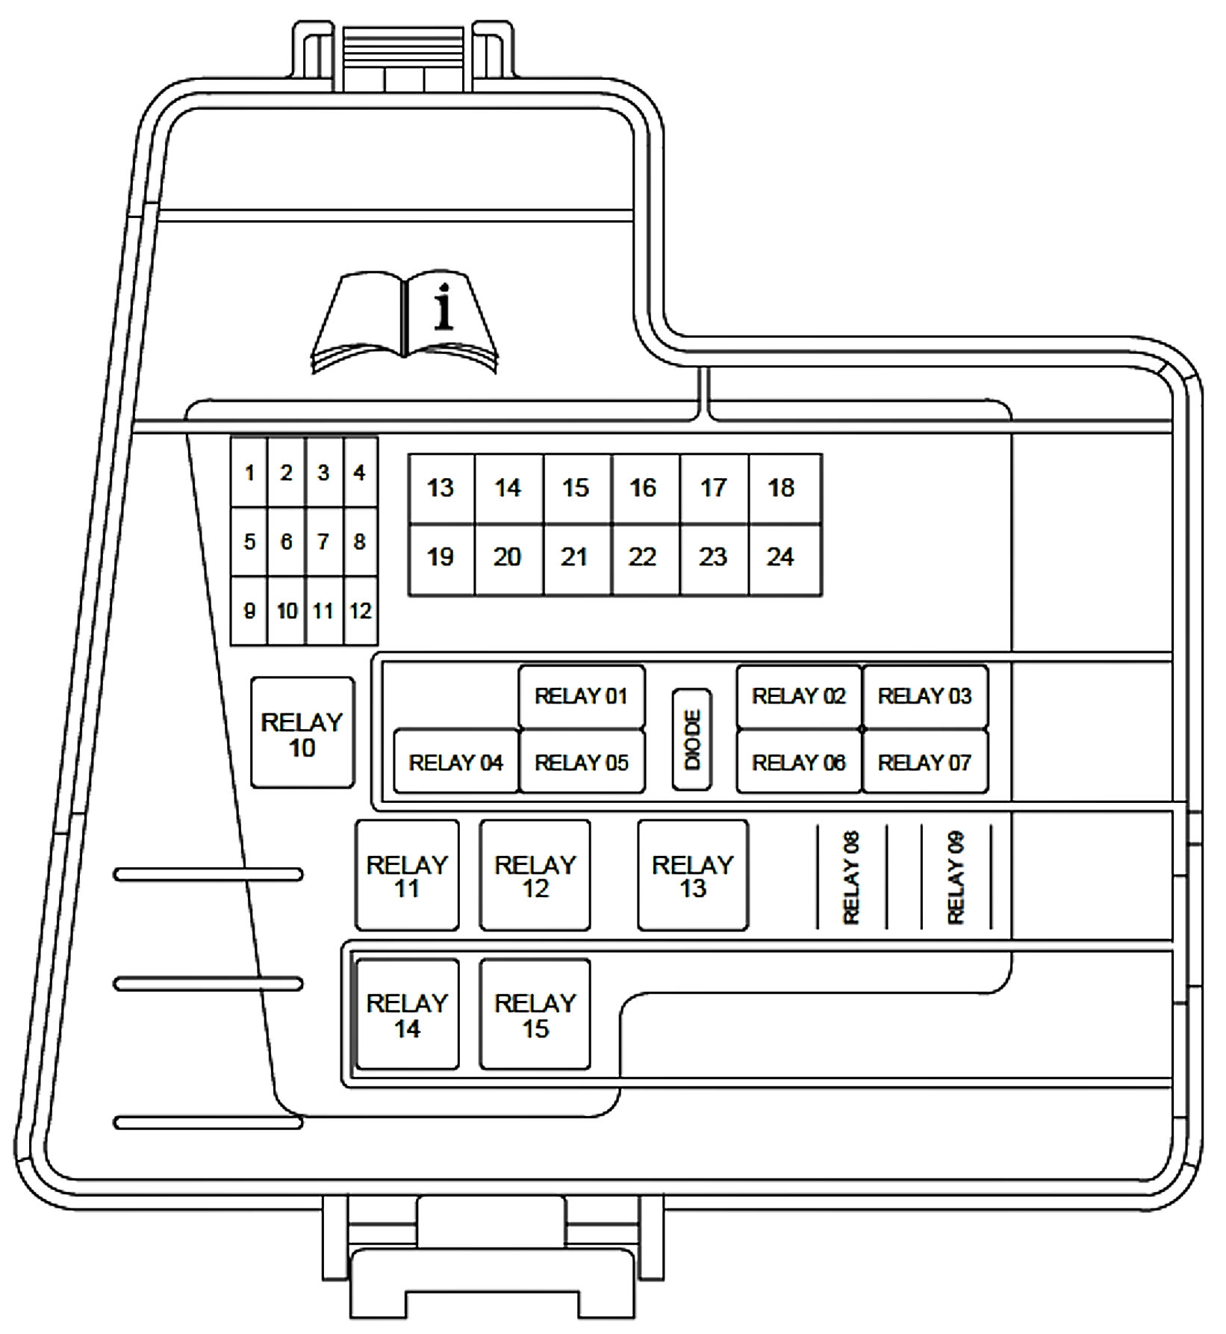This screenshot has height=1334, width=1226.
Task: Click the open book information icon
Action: [404, 323]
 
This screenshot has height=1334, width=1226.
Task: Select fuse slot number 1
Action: [249, 473]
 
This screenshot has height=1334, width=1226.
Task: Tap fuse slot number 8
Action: [361, 542]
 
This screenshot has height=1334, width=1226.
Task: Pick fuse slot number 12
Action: [361, 611]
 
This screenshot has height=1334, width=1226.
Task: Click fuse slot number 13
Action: [441, 488]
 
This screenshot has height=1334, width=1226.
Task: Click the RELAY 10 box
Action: [302, 733]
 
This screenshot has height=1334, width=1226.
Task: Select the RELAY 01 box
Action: [582, 697]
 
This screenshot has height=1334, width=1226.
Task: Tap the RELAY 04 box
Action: [456, 761]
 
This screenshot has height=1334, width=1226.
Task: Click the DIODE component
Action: [692, 739]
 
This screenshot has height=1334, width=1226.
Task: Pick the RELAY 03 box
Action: [925, 697]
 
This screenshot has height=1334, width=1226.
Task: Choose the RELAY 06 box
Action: [799, 761]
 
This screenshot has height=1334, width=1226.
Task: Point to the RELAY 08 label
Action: [851, 878]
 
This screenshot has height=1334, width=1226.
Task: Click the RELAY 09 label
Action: [956, 878]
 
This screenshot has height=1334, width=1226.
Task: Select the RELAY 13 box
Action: [693, 875]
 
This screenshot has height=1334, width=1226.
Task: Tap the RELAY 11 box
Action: [407, 875]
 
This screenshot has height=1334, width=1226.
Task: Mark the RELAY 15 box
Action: [535, 1014]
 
